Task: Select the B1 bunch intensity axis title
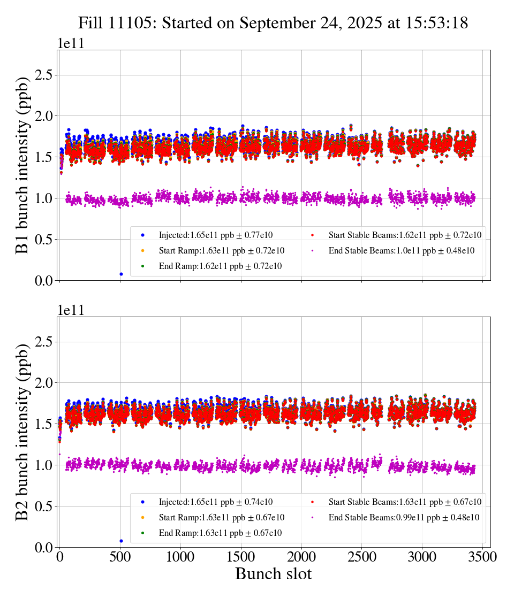tap(22, 166)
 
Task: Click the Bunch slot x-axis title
tap(273, 574)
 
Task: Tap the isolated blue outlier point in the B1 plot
tap(121, 274)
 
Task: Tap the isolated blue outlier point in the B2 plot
tap(121, 541)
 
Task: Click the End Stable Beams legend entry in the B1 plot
tap(396, 250)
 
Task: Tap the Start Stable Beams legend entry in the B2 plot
tap(396, 502)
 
